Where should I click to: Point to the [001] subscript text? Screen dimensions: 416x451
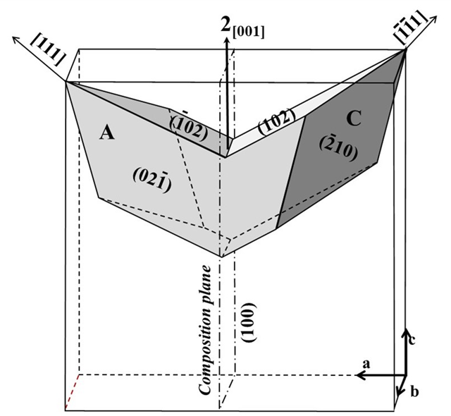(x=249, y=32)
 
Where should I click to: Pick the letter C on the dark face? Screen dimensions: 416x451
(x=353, y=118)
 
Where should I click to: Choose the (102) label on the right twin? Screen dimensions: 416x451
(x=273, y=125)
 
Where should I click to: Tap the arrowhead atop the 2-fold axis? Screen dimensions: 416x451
(x=226, y=43)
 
